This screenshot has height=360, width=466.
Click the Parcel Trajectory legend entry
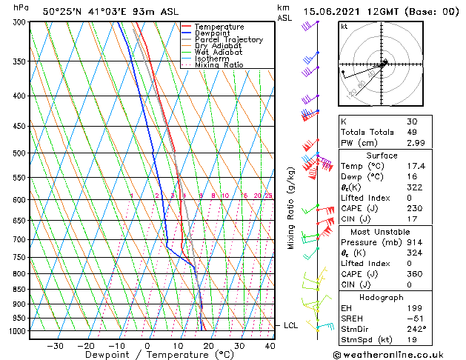pos(228,39)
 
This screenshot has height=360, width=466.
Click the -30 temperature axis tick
pos(55,346)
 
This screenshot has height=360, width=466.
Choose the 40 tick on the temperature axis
pos(270,346)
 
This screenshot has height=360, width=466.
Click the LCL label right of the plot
pos(291,325)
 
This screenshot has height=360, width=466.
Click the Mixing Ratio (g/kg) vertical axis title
pos(291,207)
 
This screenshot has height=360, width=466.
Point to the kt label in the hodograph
pos(344,26)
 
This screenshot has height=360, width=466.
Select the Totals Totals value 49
pos(412,132)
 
